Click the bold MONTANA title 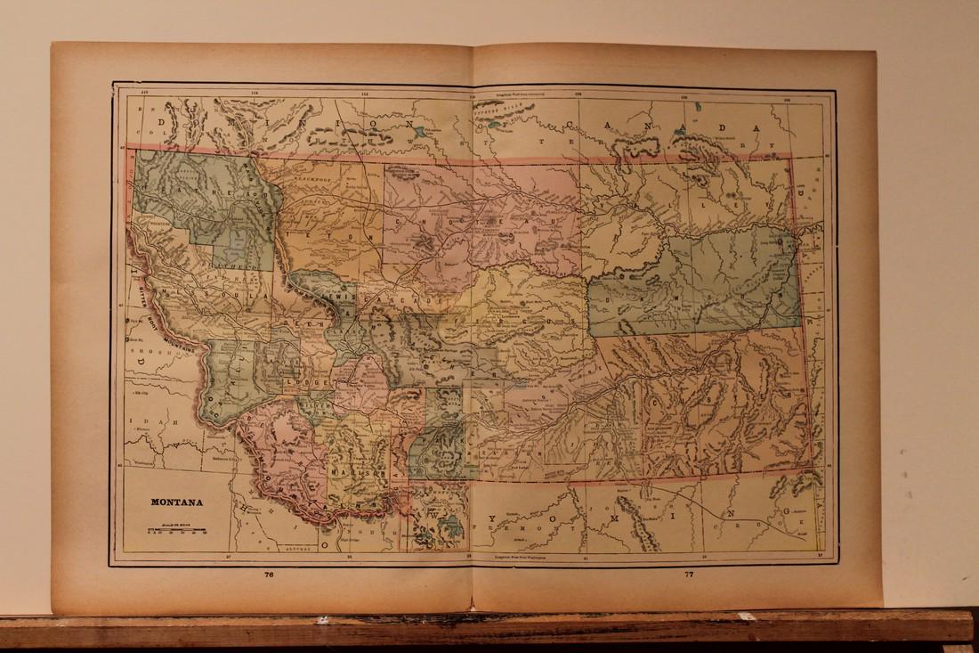(x=176, y=502)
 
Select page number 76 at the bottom (x=269, y=575)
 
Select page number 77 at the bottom (x=688, y=575)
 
